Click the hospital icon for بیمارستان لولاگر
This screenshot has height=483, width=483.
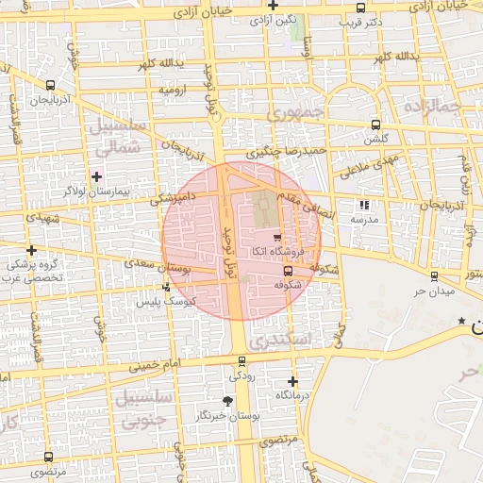tap(96, 176)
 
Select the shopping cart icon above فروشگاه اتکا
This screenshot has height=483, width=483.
tap(276, 238)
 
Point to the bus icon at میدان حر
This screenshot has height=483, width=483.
tap(434, 276)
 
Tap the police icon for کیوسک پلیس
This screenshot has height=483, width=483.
tap(167, 287)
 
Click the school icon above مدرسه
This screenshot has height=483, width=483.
tap(364, 205)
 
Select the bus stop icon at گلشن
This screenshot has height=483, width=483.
tap(375, 125)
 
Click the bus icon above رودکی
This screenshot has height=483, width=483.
tap(242, 360)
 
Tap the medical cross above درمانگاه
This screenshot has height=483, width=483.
tap(293, 382)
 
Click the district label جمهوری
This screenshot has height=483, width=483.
tap(294, 112)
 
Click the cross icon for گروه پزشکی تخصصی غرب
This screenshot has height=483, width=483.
tap(32, 251)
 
